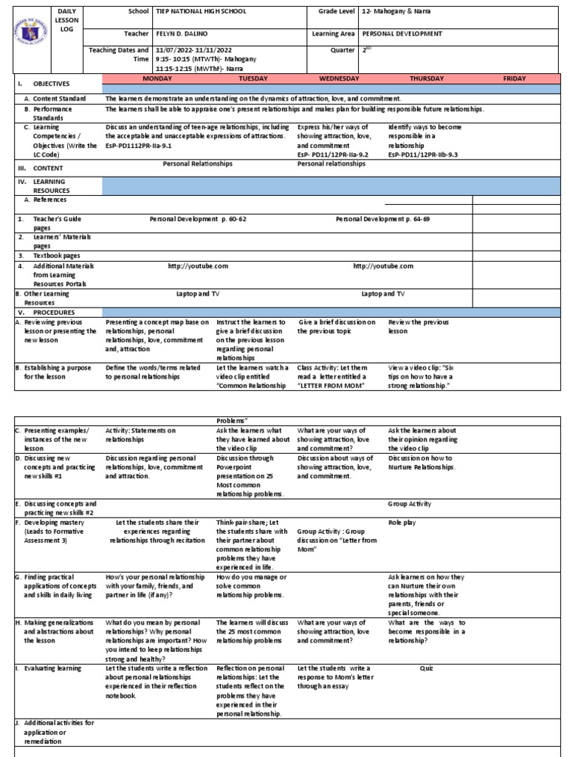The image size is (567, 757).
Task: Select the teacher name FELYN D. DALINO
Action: click(184, 34)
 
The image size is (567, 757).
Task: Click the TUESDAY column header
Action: click(253, 78)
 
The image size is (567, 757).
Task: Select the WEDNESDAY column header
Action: click(339, 78)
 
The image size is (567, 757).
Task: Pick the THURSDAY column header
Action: click(428, 78)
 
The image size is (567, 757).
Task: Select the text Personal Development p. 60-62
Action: click(198, 220)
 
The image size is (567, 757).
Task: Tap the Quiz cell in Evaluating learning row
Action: click(426, 668)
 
